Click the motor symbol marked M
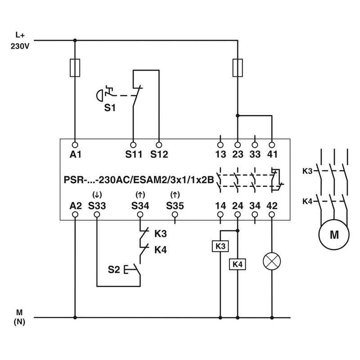pos(334,234)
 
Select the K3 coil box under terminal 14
pos(220,246)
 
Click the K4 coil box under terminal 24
pos(237,264)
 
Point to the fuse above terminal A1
pos(75,68)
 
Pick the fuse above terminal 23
pos(237,68)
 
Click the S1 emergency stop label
pos(110,108)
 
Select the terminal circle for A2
pos(75,215)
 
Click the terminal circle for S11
pos(133,144)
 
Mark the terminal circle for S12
pos(159,144)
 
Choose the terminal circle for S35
pos(175,215)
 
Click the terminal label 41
pos(272,154)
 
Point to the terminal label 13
pos(220,154)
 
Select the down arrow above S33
pos(97,195)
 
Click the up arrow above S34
pos(139,195)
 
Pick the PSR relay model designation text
pos(139,179)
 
